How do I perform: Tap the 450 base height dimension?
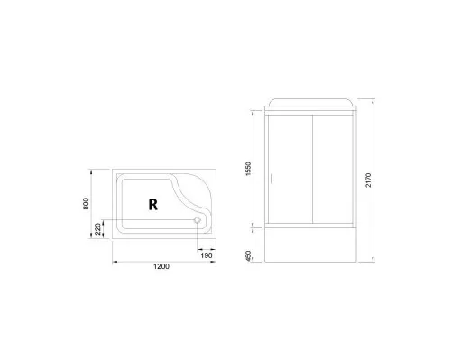click(248, 257)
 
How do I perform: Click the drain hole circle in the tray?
click(198, 218)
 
